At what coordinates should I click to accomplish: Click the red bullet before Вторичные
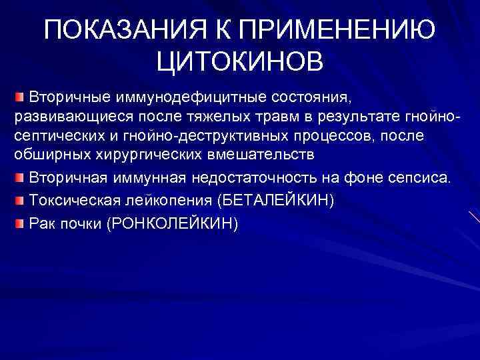[x=20, y=98]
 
